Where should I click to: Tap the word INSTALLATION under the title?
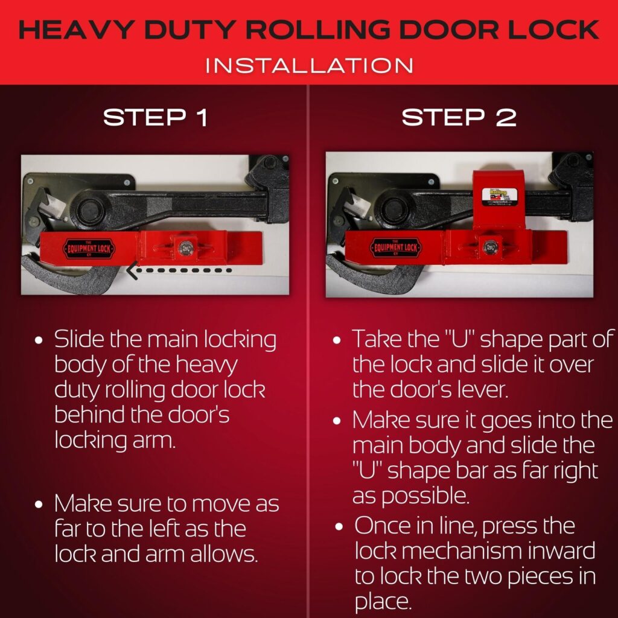pos(309,65)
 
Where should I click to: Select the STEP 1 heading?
pos(155,118)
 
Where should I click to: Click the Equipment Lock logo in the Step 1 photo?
pos(89,247)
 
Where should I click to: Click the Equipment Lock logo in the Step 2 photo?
pos(394,247)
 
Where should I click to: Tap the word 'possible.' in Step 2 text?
pos(411,496)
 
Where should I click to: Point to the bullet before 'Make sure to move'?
pos(40,504)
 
